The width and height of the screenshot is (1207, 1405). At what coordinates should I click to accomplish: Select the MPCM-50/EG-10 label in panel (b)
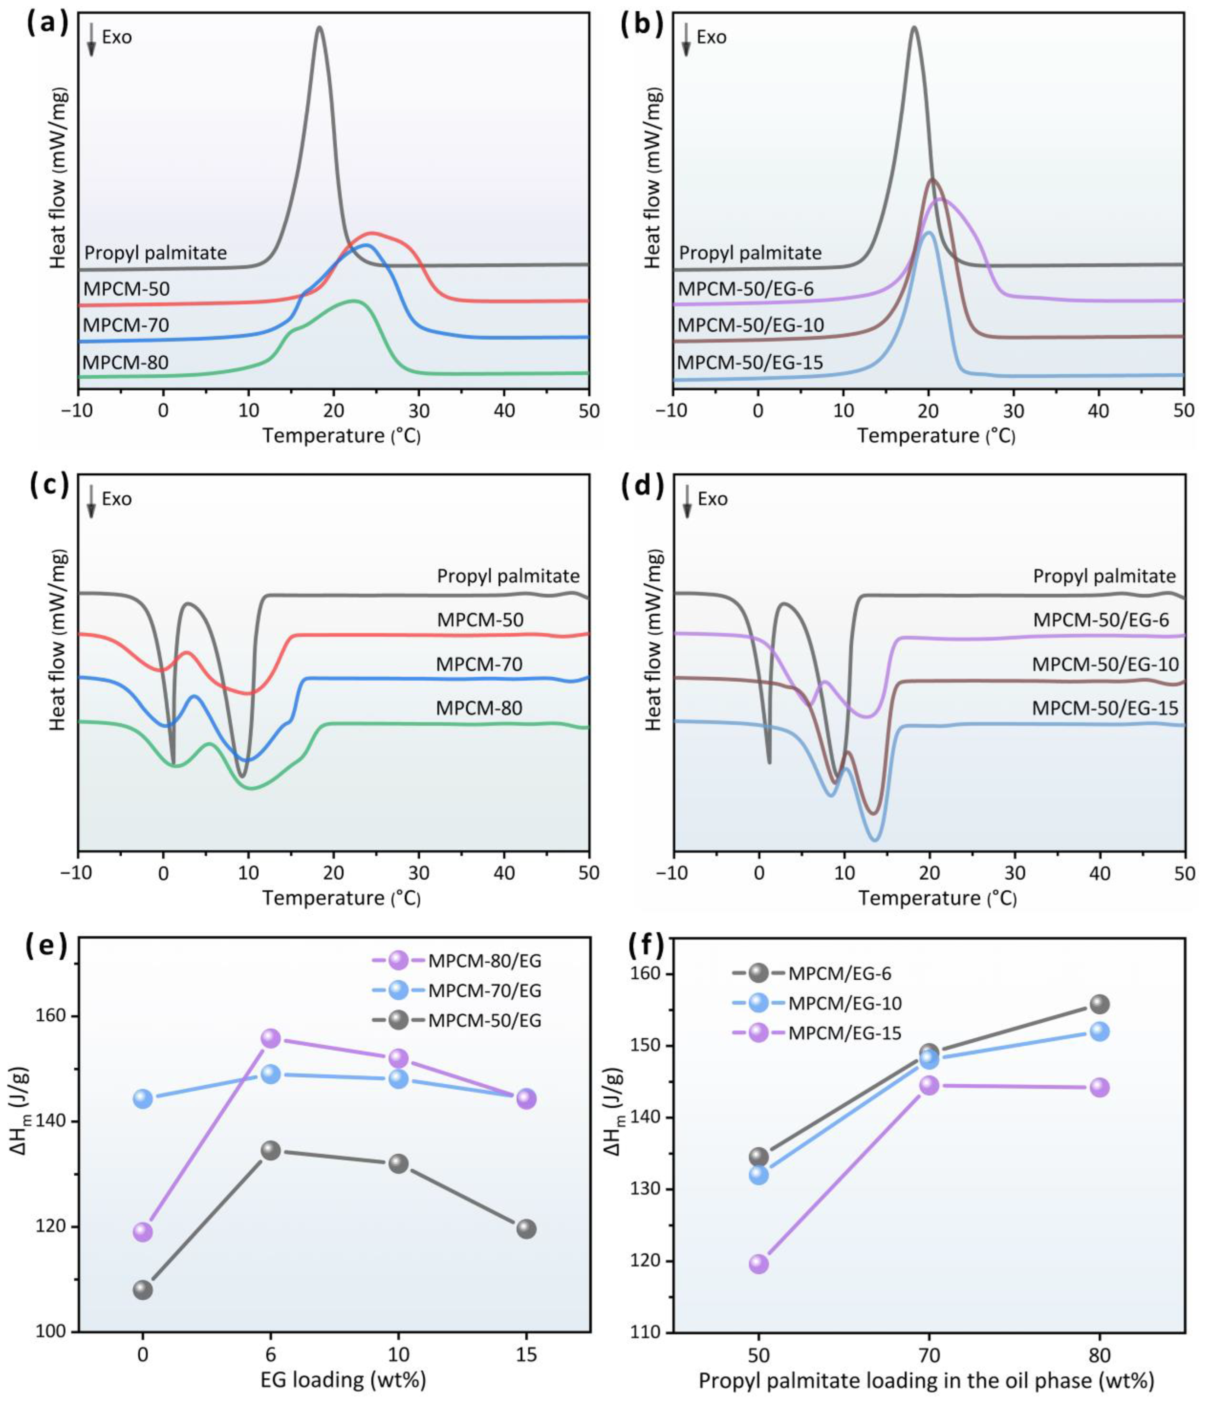click(x=751, y=326)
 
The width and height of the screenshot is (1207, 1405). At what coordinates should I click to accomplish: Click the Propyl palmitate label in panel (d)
click(x=1104, y=576)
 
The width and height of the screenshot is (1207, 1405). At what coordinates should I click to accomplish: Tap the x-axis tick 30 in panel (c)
click(x=418, y=872)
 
